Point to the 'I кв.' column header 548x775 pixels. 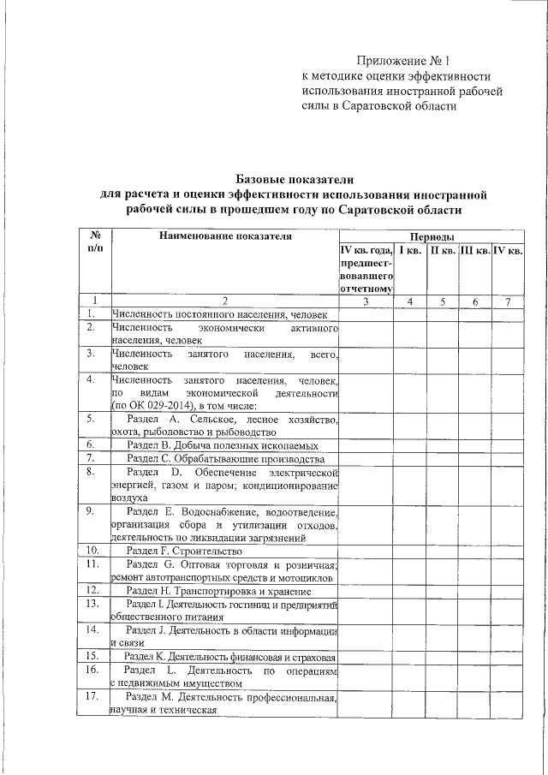point(410,251)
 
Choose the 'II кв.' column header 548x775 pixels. point(443,251)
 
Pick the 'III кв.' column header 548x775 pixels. point(474,251)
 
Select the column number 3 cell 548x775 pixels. point(366,301)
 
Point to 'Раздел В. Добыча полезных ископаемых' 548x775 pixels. point(223,445)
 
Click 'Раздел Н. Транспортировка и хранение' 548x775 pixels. point(217,591)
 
